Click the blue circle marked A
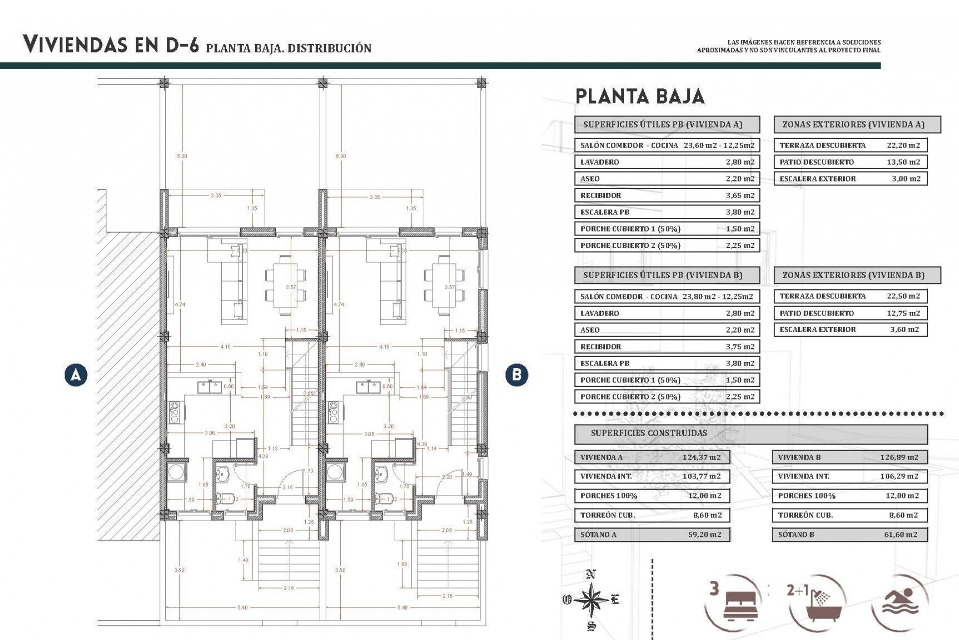point(76,374)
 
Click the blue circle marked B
point(516,374)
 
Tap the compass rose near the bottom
point(590,599)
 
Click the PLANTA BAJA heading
point(640,96)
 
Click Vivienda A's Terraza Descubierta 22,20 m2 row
point(850,145)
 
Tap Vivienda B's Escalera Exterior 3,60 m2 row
point(850,329)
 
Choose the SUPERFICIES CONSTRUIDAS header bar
point(751,433)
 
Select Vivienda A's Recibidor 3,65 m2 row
point(667,195)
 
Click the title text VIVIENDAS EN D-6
point(111,45)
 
